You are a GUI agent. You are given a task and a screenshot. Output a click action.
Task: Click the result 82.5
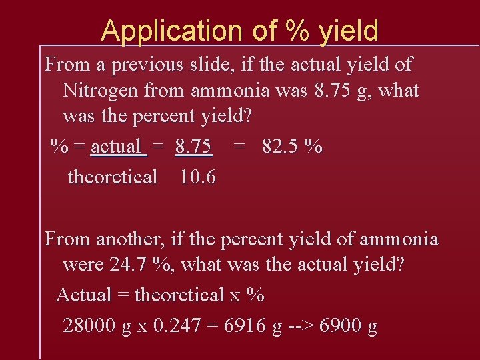(280, 147)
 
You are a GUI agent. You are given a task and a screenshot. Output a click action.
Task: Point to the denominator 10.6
(197, 177)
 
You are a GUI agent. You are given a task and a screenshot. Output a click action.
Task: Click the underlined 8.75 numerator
(193, 147)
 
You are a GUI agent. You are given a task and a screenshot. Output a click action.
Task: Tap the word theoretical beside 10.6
(113, 177)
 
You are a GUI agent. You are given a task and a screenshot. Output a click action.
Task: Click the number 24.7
(129, 265)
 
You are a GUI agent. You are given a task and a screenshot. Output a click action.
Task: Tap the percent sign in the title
(295, 31)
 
